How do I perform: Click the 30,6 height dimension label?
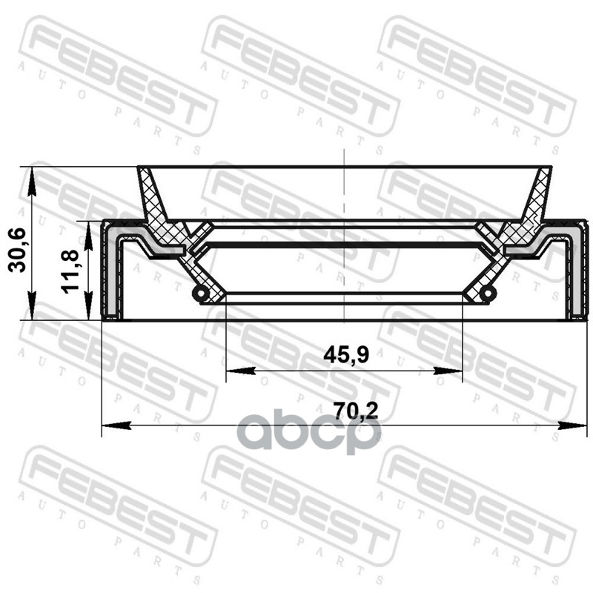[x=17, y=250]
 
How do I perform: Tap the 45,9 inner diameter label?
[x=346, y=355]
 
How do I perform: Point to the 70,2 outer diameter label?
[x=356, y=411]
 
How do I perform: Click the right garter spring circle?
[x=488, y=293]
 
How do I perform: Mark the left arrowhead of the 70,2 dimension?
[x=116, y=425]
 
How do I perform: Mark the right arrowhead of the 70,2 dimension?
[x=572, y=425]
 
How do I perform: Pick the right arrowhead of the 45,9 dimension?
[x=448, y=371]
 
